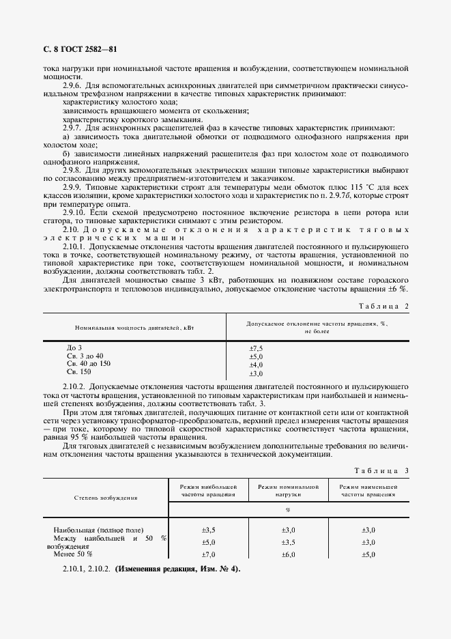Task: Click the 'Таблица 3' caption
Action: [x=383, y=471]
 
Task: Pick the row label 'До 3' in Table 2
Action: [x=74, y=348]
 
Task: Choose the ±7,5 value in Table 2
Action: [x=256, y=348]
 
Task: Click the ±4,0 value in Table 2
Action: [x=256, y=365]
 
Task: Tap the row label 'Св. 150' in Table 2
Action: [x=78, y=373]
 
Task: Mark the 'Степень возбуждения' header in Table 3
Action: [x=106, y=498]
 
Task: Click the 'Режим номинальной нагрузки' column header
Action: [x=288, y=491]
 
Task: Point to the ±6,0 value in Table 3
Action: [x=288, y=554]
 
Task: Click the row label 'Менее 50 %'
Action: [x=72, y=554]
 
